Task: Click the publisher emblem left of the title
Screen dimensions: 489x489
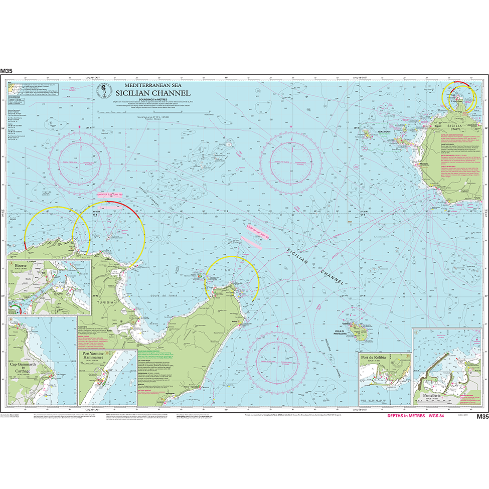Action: pyautogui.click(x=103, y=90)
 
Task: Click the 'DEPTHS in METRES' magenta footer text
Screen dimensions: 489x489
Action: pyautogui.click(x=406, y=416)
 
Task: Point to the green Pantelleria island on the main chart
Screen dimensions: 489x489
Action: pyautogui.click(x=359, y=329)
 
